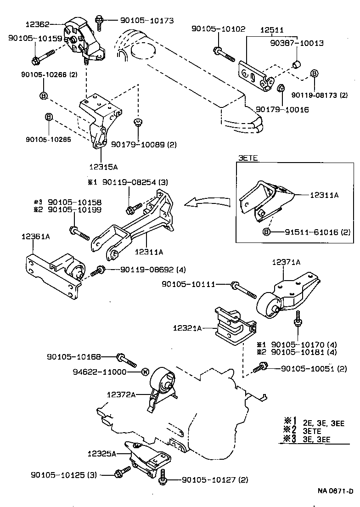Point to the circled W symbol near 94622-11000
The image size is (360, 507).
145,372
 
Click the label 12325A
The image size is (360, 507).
102,453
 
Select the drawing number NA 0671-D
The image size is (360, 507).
336,491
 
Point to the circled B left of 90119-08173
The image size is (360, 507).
314,73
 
